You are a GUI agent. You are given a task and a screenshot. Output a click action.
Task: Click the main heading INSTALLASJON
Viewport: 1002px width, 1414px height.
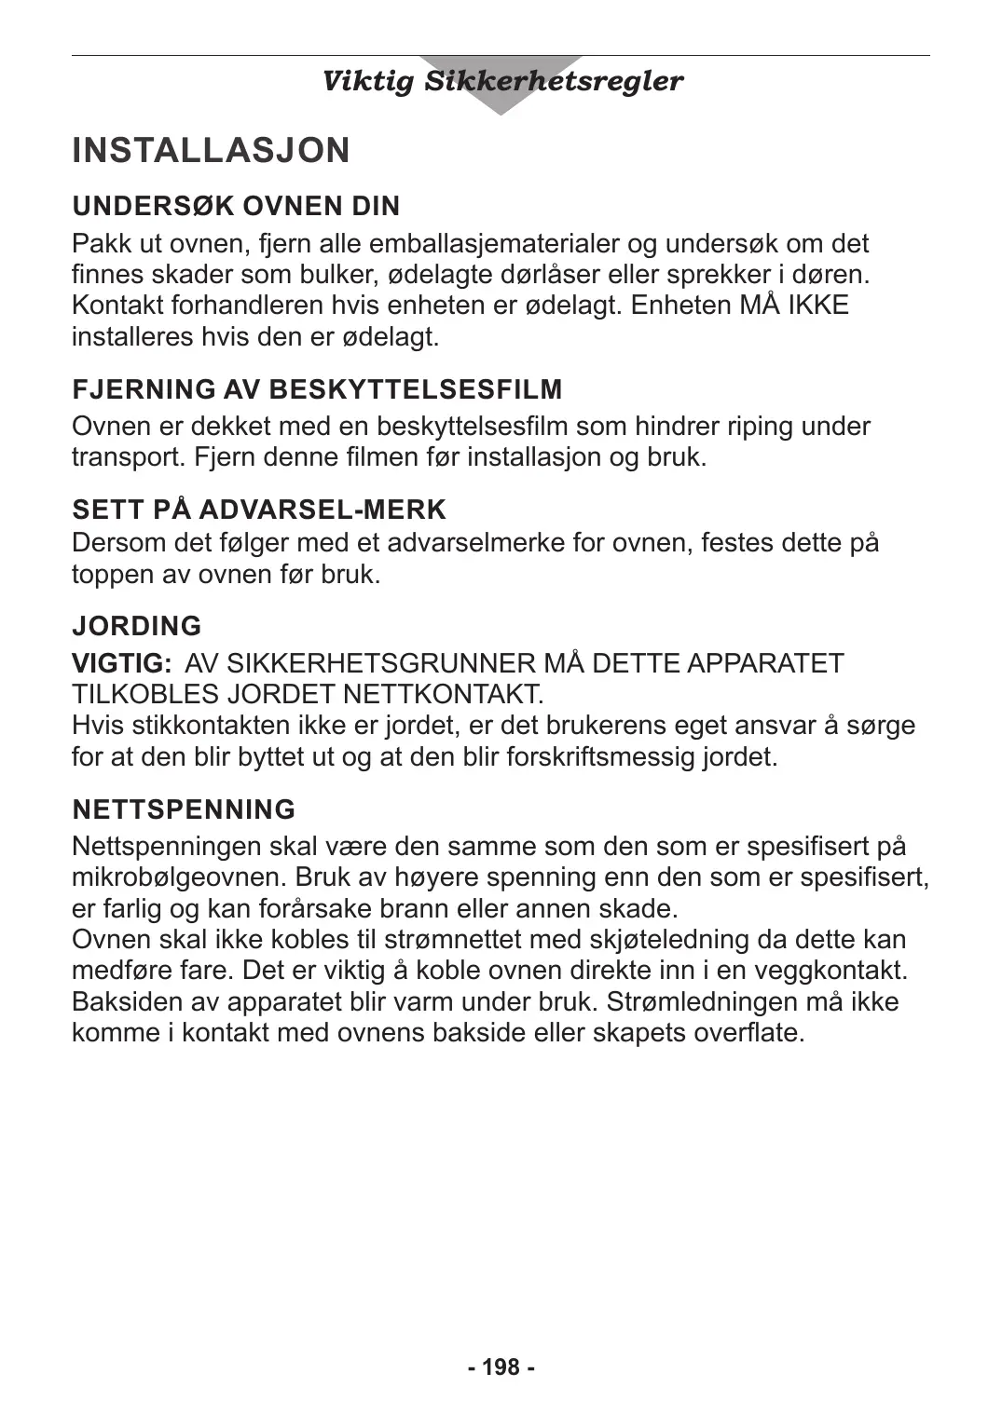click(211, 151)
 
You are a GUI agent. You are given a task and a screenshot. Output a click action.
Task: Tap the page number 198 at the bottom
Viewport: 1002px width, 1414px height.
click(501, 1366)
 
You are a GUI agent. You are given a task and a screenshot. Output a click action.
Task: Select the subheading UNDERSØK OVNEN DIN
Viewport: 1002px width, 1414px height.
click(236, 206)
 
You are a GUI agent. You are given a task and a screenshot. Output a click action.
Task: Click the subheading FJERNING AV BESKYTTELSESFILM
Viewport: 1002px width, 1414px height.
click(317, 389)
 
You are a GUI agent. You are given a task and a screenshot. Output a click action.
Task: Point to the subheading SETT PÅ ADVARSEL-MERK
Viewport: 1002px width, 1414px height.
click(259, 510)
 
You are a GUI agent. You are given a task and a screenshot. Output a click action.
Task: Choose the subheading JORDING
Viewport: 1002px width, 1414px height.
click(137, 626)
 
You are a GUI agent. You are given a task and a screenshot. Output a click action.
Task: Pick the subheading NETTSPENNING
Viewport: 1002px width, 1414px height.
click(184, 809)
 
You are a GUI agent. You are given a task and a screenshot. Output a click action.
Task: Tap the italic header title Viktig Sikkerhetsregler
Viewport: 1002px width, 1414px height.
click(501, 81)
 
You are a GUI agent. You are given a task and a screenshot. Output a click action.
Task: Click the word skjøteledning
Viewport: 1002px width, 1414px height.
click(657, 939)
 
